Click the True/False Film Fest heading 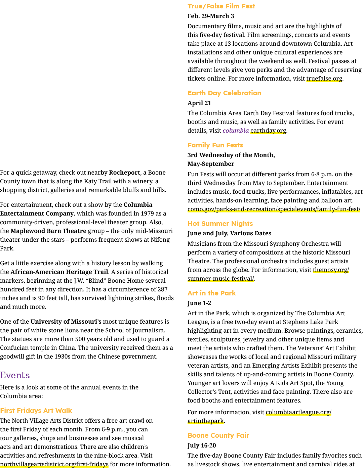point(221,6)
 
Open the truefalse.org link point(324,79)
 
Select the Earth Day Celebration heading point(224,93)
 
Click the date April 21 point(199,103)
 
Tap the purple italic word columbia point(236,131)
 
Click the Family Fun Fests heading point(215,145)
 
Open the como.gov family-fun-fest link point(274,209)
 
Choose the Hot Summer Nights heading point(220,224)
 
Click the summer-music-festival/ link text point(220,279)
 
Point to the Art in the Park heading point(212,293)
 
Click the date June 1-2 point(199,303)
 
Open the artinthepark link point(205,421)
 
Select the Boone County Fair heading point(218,435)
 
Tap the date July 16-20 point(201,445)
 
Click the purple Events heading point(15,375)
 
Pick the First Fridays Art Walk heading point(36,411)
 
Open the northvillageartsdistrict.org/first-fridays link point(54,464)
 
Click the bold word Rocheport point(125,173)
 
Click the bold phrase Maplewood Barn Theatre point(48,231)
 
